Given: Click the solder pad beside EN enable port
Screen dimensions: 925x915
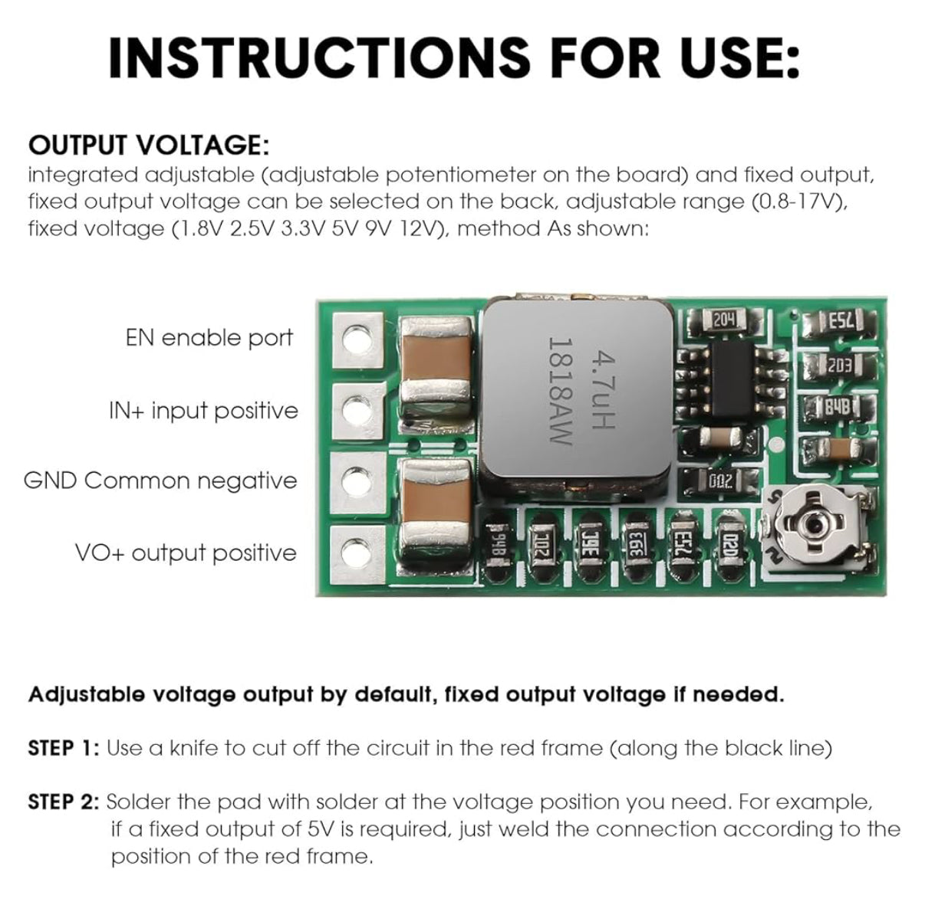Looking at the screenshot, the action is (358, 339).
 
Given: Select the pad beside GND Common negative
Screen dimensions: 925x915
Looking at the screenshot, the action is (359, 481).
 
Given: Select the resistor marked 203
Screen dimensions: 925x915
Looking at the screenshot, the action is (838, 366).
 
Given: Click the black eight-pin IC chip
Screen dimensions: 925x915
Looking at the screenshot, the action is (732, 379).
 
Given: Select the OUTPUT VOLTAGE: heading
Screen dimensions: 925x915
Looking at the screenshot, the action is (149, 145).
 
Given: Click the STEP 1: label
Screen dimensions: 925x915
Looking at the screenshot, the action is (64, 749).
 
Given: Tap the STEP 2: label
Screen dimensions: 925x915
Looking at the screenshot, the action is (64, 802).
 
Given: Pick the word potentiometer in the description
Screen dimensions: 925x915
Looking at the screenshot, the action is (461, 175).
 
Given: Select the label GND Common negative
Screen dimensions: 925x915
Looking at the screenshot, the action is (160, 480).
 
